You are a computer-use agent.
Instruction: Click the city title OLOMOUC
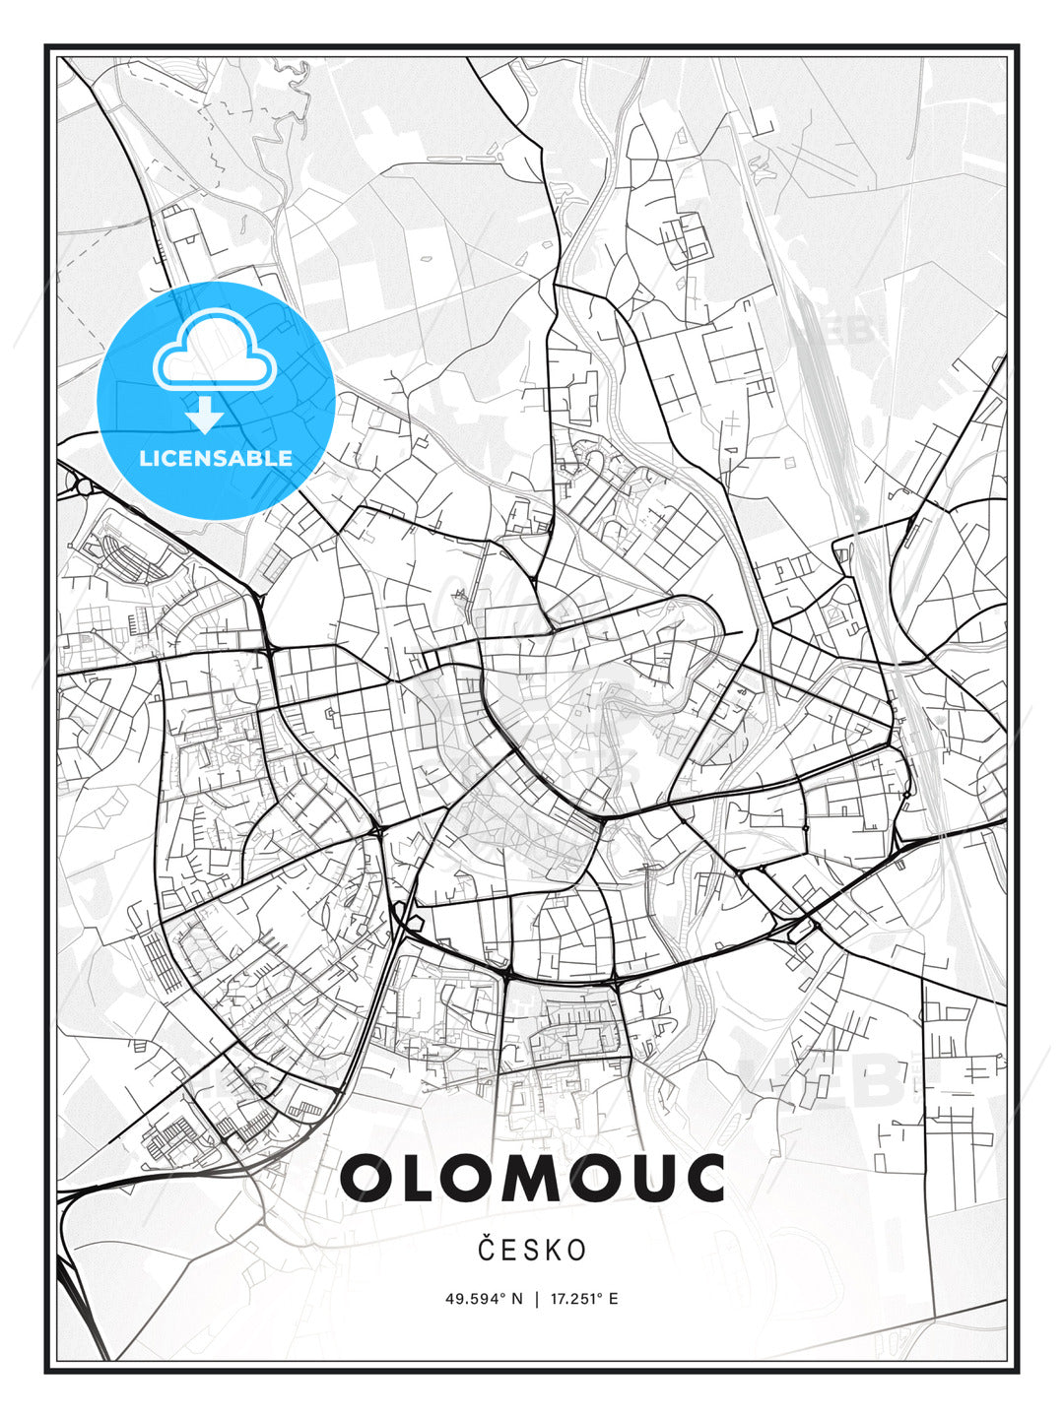point(532,1179)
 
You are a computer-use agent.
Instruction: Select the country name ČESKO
point(532,1250)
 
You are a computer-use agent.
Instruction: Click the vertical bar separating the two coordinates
point(537,1299)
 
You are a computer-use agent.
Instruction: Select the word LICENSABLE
point(216,458)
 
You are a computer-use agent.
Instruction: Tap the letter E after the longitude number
point(614,1299)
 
